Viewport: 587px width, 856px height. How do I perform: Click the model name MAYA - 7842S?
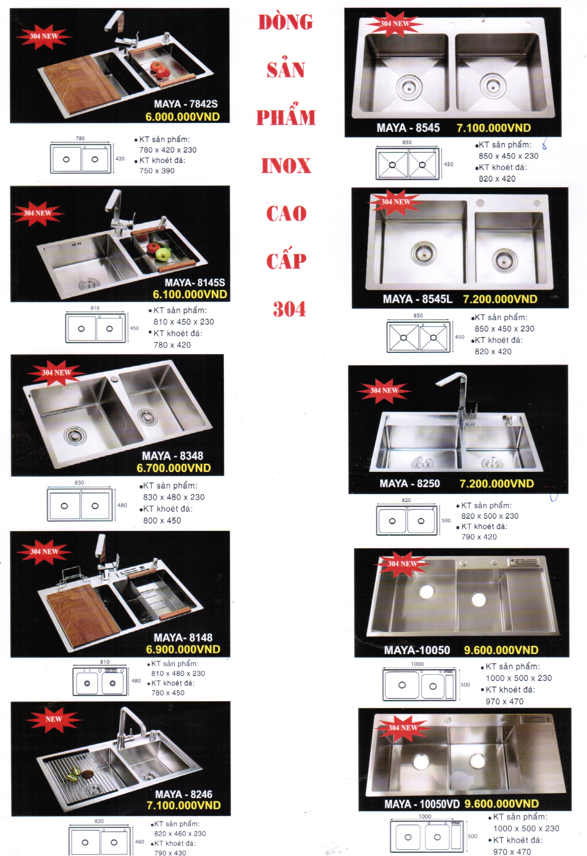coord(186,104)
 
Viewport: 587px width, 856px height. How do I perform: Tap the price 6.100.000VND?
coord(190,294)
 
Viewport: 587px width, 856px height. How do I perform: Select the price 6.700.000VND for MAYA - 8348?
coord(174,468)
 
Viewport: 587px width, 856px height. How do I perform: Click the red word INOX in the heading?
coord(286,166)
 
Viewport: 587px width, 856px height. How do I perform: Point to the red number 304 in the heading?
coord(289,309)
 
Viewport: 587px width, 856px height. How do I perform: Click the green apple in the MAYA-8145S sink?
coord(163,254)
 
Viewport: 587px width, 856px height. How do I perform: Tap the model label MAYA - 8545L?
coord(418,299)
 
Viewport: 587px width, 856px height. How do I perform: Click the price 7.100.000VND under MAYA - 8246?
coord(184,805)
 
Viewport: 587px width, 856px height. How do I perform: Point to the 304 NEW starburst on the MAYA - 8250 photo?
coord(384,390)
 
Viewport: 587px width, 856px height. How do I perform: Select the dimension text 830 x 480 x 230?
coord(174,497)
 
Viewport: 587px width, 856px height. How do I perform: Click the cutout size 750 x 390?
coord(157,170)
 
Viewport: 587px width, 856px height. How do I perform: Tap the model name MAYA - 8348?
coord(173,456)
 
